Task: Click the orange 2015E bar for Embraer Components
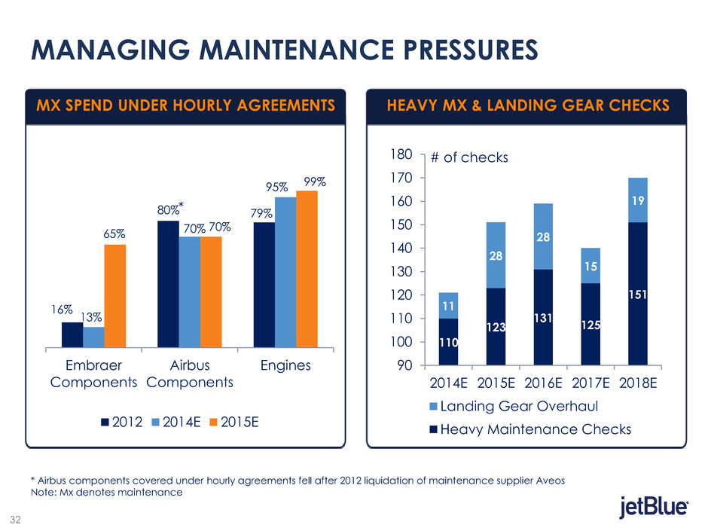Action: pos(114,296)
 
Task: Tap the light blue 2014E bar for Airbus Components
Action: pos(189,292)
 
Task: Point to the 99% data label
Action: pos(316,182)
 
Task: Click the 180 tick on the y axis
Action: pos(403,154)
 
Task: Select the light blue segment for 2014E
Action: pos(448,306)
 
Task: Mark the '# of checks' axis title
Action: pos(470,157)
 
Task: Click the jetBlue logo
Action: pos(652,508)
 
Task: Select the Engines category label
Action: pos(285,365)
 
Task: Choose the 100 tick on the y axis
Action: pos(403,342)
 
